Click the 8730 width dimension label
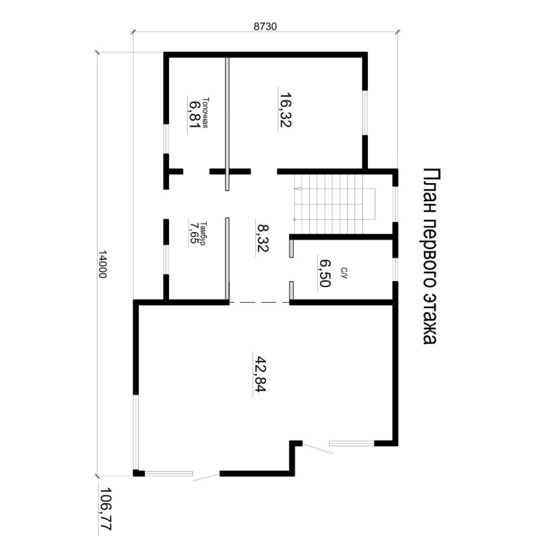pos(265,27)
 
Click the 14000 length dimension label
pos(103,264)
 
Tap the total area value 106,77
pos(106,509)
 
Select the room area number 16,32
pos(285,110)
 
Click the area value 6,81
pos(194,114)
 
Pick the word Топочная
pos(206,113)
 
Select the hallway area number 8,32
pos(262,238)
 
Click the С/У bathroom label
pos(343,273)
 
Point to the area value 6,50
pos(325,273)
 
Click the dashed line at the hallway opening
pos(259,303)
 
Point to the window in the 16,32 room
pos(365,113)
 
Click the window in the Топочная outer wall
pos(166,139)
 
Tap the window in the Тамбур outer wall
pos(166,259)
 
